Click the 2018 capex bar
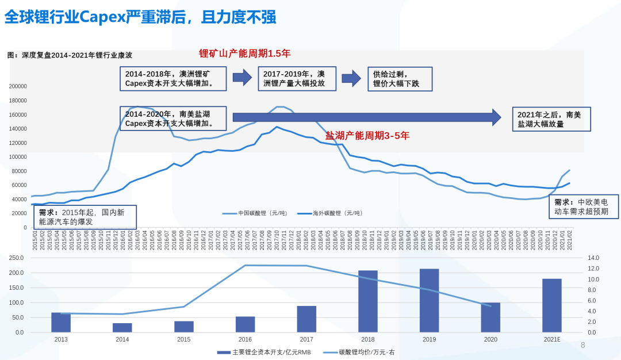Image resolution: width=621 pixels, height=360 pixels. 368,301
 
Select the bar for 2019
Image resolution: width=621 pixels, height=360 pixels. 429,301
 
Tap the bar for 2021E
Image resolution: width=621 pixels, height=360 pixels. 552,305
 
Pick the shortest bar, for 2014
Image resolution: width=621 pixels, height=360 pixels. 122,328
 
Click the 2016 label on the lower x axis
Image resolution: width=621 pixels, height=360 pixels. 245,340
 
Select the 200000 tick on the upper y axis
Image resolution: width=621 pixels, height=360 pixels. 18,86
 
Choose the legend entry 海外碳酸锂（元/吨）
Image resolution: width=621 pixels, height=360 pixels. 329,213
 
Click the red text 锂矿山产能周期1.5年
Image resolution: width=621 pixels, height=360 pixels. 245,53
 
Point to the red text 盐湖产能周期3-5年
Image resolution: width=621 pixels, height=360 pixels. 367,136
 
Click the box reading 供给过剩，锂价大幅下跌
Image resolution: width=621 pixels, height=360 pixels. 400,79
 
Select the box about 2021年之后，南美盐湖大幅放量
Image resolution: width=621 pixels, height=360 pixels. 551,119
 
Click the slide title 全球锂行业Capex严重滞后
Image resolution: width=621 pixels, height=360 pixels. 140,17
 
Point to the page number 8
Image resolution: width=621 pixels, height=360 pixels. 582,345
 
